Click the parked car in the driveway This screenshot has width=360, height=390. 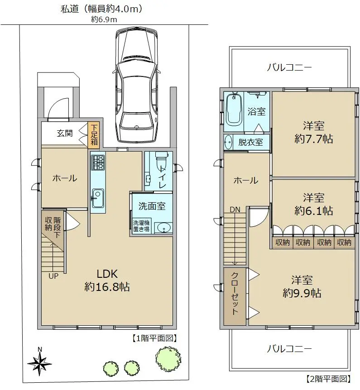(137, 86)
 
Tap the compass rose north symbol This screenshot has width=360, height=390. (39, 363)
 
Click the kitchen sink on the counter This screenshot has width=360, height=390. (98, 198)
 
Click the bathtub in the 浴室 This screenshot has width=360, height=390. (234, 109)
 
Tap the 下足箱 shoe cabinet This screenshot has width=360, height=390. (94, 135)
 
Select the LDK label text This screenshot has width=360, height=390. (107, 274)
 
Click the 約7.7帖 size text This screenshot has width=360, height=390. (313, 139)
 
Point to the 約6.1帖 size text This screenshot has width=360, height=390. (313, 211)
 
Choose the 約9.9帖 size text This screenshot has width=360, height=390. (302, 294)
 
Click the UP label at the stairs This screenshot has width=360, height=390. (53, 276)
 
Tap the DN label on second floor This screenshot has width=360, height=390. (235, 209)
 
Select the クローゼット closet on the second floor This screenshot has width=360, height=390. (235, 296)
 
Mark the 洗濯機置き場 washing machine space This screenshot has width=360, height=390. (141, 226)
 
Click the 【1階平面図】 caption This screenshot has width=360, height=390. (154, 338)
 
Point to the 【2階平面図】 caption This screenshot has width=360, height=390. (328, 379)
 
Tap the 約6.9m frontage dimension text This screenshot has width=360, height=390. (104, 19)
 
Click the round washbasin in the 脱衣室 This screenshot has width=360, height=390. (228, 143)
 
